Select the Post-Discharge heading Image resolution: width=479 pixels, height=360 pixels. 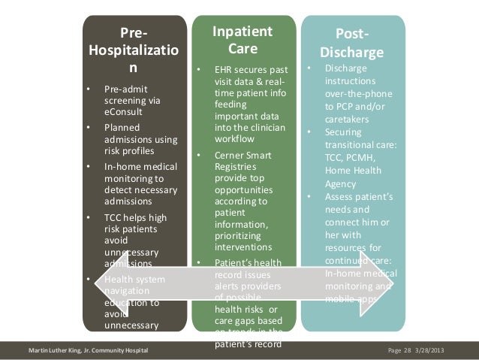point(352,44)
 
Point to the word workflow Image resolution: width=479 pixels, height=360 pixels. point(236,139)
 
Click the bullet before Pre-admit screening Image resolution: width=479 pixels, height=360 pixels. point(89,88)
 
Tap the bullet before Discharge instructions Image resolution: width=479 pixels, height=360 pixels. point(308,68)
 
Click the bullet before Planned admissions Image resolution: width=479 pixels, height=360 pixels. point(89,128)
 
